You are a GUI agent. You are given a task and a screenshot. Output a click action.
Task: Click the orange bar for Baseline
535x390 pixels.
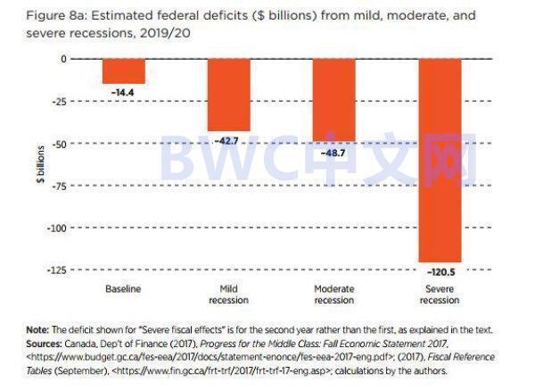(123, 71)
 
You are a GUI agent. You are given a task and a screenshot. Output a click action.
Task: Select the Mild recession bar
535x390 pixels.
(228, 95)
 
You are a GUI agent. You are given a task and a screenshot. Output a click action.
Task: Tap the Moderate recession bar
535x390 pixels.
(333, 99)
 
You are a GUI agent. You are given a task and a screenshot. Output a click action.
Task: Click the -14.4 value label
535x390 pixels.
(123, 93)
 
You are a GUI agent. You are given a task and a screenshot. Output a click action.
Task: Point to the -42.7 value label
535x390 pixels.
(228, 141)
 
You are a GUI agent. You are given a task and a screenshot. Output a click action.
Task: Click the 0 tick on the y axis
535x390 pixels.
(63, 59)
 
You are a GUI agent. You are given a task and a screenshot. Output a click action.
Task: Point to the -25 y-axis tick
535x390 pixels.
(59, 101)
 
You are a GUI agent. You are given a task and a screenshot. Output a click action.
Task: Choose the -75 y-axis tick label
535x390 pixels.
(59, 186)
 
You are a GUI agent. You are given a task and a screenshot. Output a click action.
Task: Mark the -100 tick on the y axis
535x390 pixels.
(57, 228)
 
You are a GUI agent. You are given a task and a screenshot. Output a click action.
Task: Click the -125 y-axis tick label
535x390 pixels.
(57, 270)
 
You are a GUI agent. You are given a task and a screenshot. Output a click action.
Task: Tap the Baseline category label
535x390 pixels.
(123, 289)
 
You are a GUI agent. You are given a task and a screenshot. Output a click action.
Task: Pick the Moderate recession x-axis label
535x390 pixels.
(333, 294)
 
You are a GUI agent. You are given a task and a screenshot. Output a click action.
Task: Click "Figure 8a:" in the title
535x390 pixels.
(40, 15)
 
